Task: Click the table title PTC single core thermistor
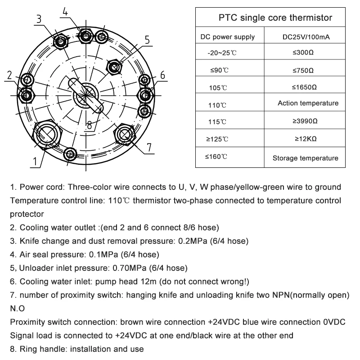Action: point(275,18)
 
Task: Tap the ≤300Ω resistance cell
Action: point(303,53)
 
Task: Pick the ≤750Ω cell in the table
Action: point(303,70)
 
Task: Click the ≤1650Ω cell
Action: point(304,87)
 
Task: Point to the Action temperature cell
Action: point(308,103)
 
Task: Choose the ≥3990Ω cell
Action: point(305,121)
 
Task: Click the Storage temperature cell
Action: point(305,158)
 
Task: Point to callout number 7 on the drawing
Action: point(149,147)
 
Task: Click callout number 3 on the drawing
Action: point(39,19)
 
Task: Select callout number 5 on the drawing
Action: point(147,40)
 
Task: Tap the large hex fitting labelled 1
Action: point(47,132)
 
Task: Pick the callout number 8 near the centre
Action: point(90,125)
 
